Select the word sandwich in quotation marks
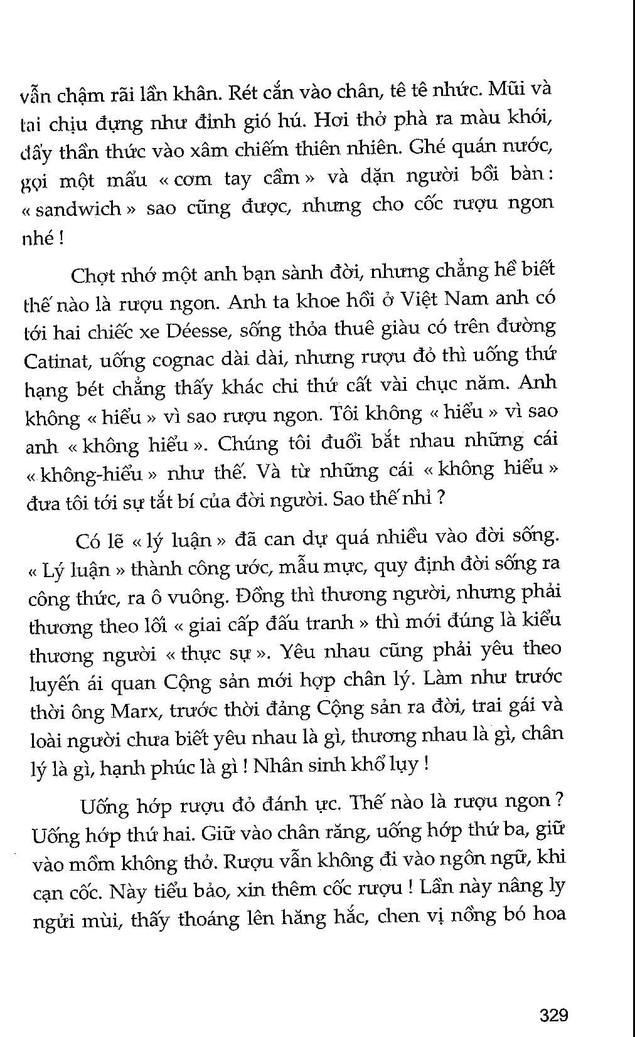click(x=78, y=209)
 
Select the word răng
click(x=342, y=832)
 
